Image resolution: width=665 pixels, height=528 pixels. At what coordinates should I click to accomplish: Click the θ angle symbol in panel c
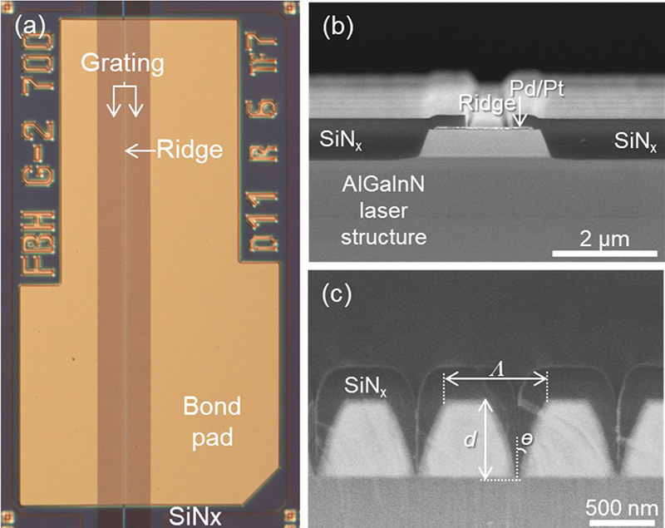click(526, 447)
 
